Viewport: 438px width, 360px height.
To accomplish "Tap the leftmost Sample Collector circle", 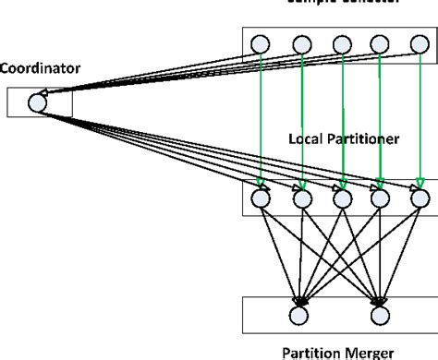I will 260,43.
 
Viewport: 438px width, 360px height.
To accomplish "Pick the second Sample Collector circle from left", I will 300,43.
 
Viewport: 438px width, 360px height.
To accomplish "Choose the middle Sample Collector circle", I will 341,43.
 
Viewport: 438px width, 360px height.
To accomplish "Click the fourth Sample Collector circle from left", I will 381,43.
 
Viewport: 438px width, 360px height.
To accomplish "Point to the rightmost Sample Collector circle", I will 420,43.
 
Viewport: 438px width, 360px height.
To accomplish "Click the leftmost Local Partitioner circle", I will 260,198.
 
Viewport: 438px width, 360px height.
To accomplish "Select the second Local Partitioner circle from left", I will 300,198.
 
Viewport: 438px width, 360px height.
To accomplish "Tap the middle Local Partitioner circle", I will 341,198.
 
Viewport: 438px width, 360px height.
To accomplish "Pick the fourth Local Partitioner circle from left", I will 381,198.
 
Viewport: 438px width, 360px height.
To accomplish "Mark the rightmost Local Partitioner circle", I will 420,198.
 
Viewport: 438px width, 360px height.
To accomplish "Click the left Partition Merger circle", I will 298,315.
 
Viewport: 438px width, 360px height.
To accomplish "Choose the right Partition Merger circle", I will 380,315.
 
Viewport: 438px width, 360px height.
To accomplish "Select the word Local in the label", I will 305,139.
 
